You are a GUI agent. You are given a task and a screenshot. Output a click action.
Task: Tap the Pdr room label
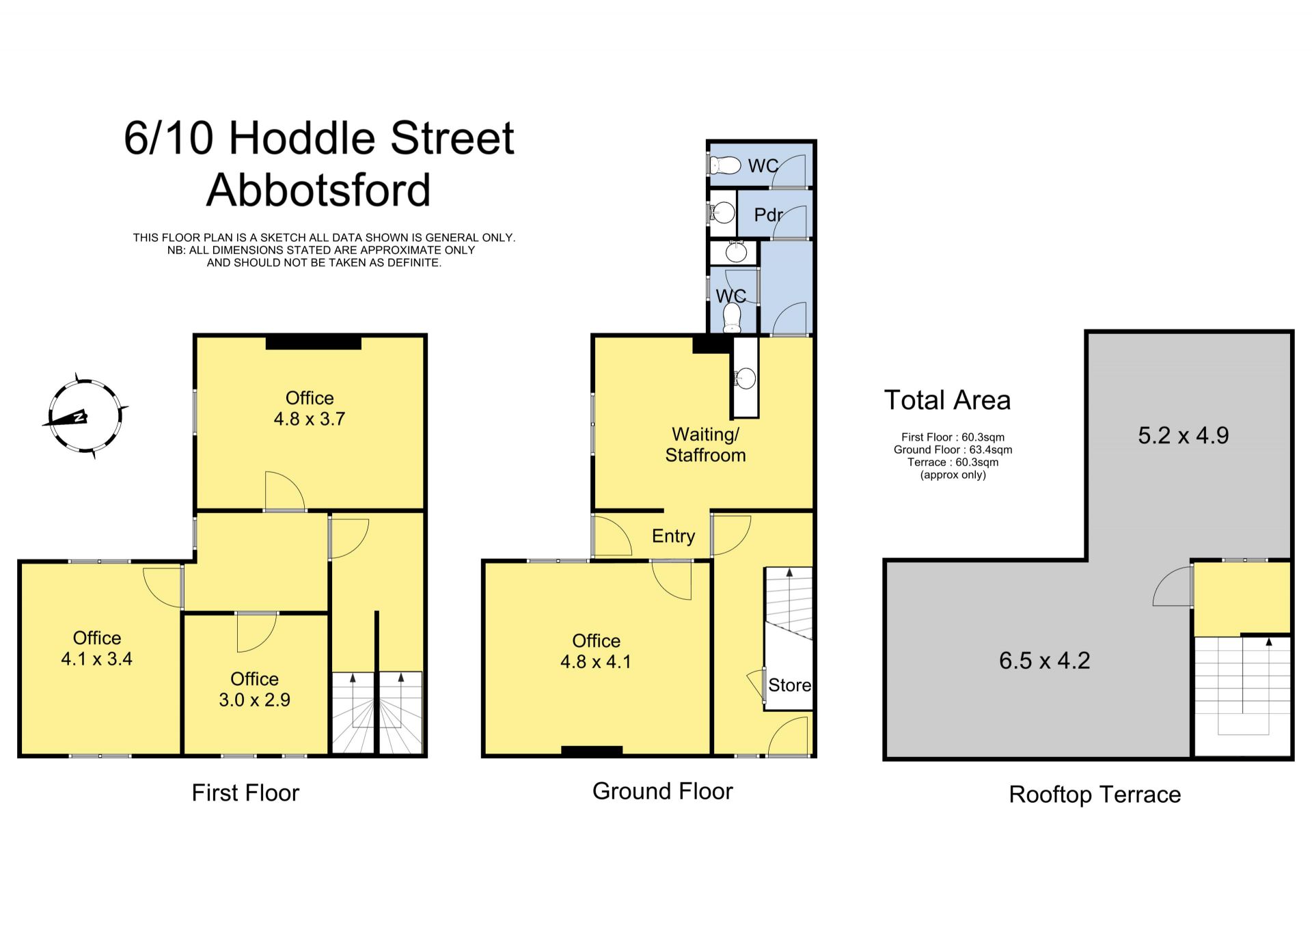768,215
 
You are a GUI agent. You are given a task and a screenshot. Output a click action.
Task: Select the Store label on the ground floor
789,685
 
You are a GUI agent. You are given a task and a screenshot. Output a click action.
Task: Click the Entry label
673,536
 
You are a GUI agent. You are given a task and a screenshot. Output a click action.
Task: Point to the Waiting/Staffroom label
705,445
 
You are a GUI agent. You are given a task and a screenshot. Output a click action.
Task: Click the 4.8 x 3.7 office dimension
310,419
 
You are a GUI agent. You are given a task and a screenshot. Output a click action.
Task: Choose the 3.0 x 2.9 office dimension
254,700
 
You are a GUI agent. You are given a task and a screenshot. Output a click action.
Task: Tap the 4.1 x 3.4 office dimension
97,659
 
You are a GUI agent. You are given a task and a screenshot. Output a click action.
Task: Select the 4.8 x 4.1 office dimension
596,661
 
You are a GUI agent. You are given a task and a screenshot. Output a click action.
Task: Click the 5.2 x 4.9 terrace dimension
1184,436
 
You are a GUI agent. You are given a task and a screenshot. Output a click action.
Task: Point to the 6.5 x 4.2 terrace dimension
1045,661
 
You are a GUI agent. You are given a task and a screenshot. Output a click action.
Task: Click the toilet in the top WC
725,165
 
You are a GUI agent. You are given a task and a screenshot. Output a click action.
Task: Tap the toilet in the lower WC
732,318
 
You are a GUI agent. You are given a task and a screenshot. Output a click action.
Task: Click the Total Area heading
947,400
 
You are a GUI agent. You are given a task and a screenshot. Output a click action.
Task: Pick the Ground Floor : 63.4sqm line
953,449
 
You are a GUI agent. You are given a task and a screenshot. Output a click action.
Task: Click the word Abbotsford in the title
318,190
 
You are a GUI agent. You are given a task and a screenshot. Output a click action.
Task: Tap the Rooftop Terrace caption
1095,794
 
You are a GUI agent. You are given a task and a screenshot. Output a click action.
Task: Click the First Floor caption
245,792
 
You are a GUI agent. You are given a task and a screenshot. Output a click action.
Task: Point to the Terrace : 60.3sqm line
953,462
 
